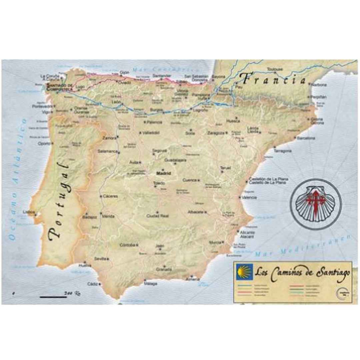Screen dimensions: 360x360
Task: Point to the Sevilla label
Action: (x=100, y=259)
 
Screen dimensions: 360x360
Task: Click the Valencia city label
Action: (x=249, y=197)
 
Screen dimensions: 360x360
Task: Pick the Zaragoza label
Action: (x=216, y=133)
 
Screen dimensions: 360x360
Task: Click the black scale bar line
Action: (x=53, y=297)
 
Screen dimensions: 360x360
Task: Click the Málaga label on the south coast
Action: (x=151, y=284)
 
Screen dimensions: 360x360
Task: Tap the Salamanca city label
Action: (x=108, y=151)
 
